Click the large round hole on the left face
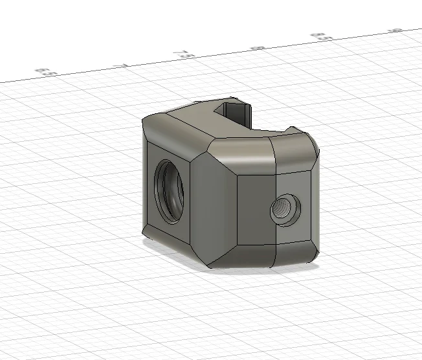point(170,189)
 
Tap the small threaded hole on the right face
point(284,208)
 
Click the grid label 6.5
point(44,72)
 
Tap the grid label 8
point(258,47)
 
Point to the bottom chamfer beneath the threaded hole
point(294,254)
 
